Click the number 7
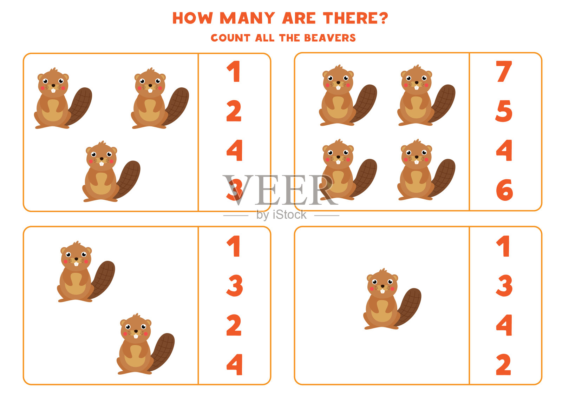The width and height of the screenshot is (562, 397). click(x=504, y=71)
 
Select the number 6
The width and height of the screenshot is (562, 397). click(x=504, y=190)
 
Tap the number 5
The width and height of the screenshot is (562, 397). click(x=504, y=111)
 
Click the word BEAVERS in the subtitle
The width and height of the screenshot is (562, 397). click(x=330, y=38)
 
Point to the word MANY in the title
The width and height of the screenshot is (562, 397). click(x=247, y=18)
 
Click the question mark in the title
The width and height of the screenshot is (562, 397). click(x=383, y=18)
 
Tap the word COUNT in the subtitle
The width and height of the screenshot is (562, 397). click(x=230, y=38)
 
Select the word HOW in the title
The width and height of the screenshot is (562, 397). click(x=192, y=18)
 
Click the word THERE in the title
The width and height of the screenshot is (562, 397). click(x=350, y=18)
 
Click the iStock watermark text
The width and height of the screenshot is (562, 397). click(x=281, y=215)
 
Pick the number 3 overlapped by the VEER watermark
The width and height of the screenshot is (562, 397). click(x=235, y=190)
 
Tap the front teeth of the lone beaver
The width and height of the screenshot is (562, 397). click(x=383, y=291)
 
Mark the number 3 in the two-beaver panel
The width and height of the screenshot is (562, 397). click(x=235, y=285)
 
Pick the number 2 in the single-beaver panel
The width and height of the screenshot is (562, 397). click(x=504, y=364)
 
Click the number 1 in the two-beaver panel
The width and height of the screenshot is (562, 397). click(x=233, y=246)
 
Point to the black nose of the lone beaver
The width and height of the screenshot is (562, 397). click(x=383, y=286)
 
